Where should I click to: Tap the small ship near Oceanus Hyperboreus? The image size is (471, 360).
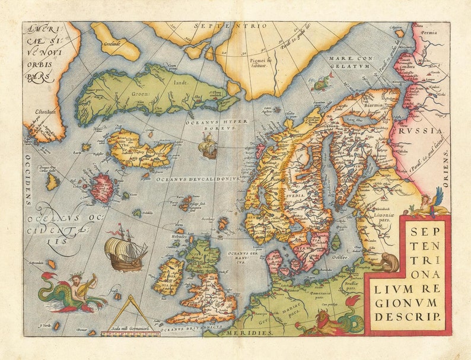coord(208,146)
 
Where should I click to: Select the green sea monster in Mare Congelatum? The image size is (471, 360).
coord(322,84)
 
